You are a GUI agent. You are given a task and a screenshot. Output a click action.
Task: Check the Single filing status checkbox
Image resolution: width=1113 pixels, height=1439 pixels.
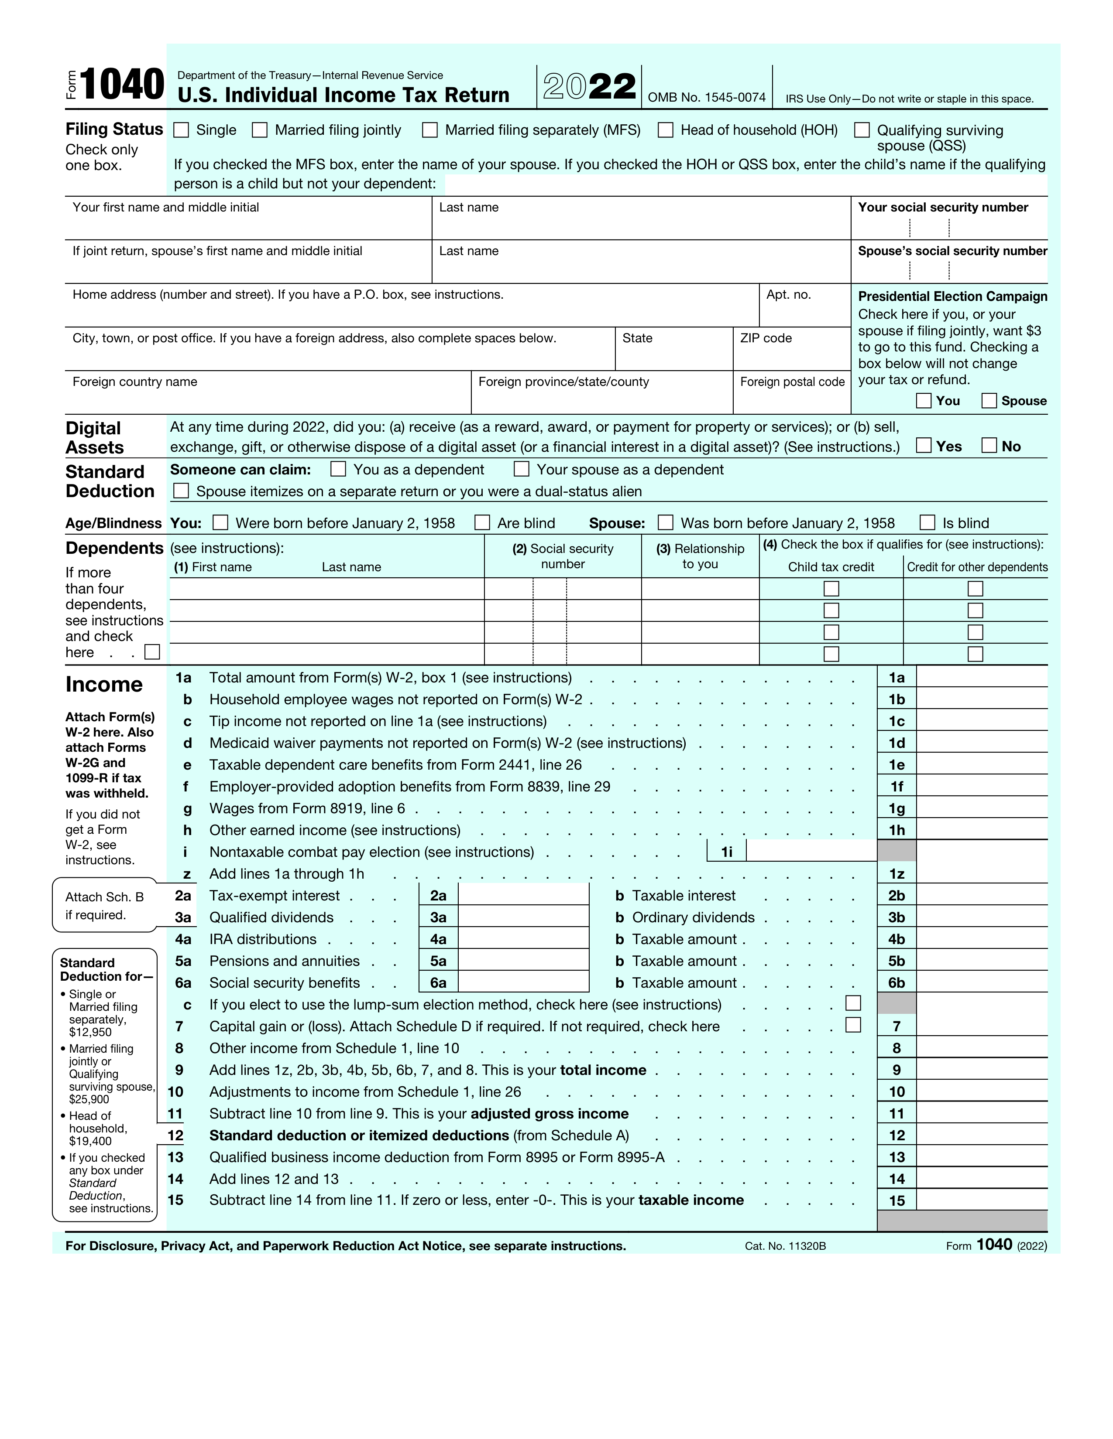(181, 130)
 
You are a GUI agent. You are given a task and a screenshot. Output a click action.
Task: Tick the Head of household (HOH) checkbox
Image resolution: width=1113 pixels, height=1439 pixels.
(665, 130)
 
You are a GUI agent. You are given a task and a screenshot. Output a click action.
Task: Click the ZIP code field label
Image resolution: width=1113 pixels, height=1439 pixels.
(766, 338)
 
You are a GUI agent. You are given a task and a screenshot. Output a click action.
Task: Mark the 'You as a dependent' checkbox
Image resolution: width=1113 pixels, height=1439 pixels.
(338, 469)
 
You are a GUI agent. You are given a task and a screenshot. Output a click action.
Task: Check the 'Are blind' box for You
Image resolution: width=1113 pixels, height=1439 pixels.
(483, 522)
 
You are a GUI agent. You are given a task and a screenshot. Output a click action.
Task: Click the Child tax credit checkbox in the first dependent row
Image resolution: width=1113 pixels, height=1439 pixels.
(831, 588)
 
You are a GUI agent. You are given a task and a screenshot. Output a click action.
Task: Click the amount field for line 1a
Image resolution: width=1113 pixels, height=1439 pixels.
(981, 677)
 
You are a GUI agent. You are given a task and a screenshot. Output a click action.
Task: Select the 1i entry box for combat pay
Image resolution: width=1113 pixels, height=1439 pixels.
(811, 851)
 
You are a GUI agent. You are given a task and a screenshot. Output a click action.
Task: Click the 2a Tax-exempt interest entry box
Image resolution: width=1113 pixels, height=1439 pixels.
(523, 895)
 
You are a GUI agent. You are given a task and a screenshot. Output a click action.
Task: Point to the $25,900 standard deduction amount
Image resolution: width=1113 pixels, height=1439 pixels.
(89, 1099)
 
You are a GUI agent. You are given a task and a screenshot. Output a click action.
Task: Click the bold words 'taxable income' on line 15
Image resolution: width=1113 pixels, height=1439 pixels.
(690, 1200)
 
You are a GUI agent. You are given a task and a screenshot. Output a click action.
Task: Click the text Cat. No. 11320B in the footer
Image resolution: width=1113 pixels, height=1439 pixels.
(785, 1246)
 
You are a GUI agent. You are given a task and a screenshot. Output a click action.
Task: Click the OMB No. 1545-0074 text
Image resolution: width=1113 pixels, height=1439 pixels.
(706, 98)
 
